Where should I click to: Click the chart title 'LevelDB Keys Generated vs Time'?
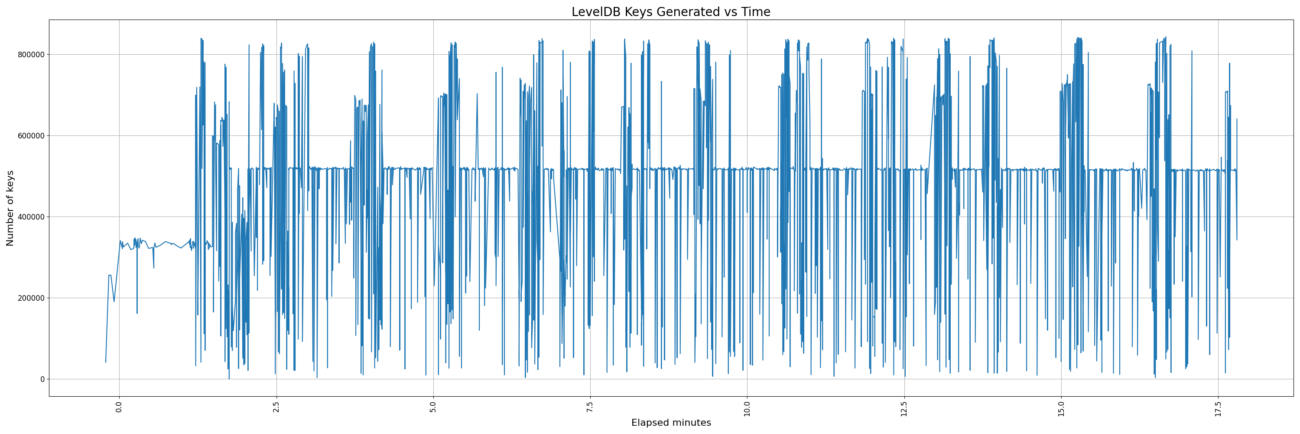[x=671, y=12]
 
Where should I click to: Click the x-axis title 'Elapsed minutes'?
[x=671, y=423]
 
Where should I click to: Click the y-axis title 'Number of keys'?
[x=10, y=208]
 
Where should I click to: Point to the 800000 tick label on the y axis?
[x=30, y=55]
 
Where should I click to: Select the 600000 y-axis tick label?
[x=30, y=136]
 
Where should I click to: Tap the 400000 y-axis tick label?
[x=30, y=217]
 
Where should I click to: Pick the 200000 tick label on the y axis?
[x=30, y=298]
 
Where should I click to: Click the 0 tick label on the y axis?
[x=42, y=379]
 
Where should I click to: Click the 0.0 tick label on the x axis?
[x=120, y=407]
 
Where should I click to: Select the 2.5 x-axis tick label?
[x=276, y=407]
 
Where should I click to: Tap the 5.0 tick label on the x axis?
[x=433, y=407]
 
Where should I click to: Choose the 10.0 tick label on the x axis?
[x=747, y=408]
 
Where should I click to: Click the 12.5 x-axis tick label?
[x=904, y=408]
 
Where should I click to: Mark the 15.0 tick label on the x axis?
[x=1061, y=408]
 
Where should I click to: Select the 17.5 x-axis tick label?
[x=1218, y=408]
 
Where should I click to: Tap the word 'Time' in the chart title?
[x=755, y=12]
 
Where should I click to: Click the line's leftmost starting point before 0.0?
[x=105, y=362]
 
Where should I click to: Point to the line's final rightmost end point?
[x=1237, y=240]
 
